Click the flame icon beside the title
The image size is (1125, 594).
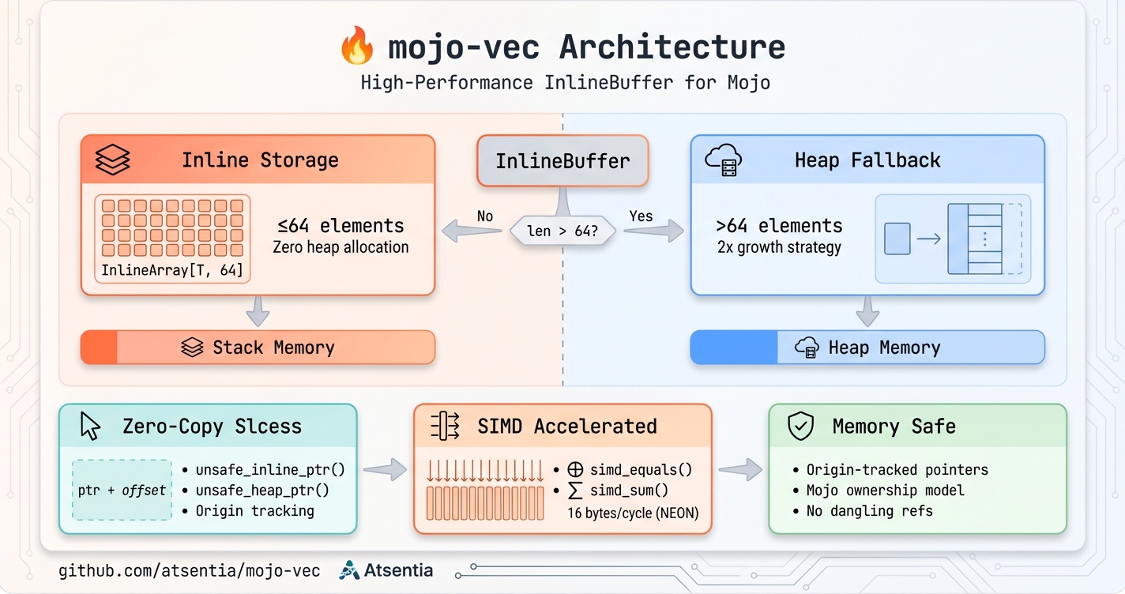tap(357, 47)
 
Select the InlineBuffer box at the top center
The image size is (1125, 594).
tap(562, 161)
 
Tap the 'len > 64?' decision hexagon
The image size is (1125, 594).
tap(562, 231)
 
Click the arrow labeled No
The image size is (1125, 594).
tap(472, 231)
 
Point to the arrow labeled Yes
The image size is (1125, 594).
tap(653, 231)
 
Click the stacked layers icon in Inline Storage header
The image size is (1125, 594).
tap(112, 160)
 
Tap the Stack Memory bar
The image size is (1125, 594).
tap(258, 348)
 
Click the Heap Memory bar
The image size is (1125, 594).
tap(867, 348)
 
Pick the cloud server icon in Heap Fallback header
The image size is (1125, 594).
tap(722, 160)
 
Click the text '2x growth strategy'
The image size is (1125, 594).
tap(779, 247)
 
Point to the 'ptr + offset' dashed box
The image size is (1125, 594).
tap(122, 490)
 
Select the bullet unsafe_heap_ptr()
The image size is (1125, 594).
tap(262, 490)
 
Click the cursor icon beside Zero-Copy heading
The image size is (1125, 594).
tap(91, 427)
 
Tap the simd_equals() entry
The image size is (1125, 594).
tap(641, 469)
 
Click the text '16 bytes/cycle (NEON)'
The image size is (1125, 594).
tap(633, 513)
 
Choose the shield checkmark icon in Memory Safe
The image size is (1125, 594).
tap(801, 427)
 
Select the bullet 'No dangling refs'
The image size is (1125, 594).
tap(869, 510)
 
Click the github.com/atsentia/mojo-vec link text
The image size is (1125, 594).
tap(190, 570)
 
